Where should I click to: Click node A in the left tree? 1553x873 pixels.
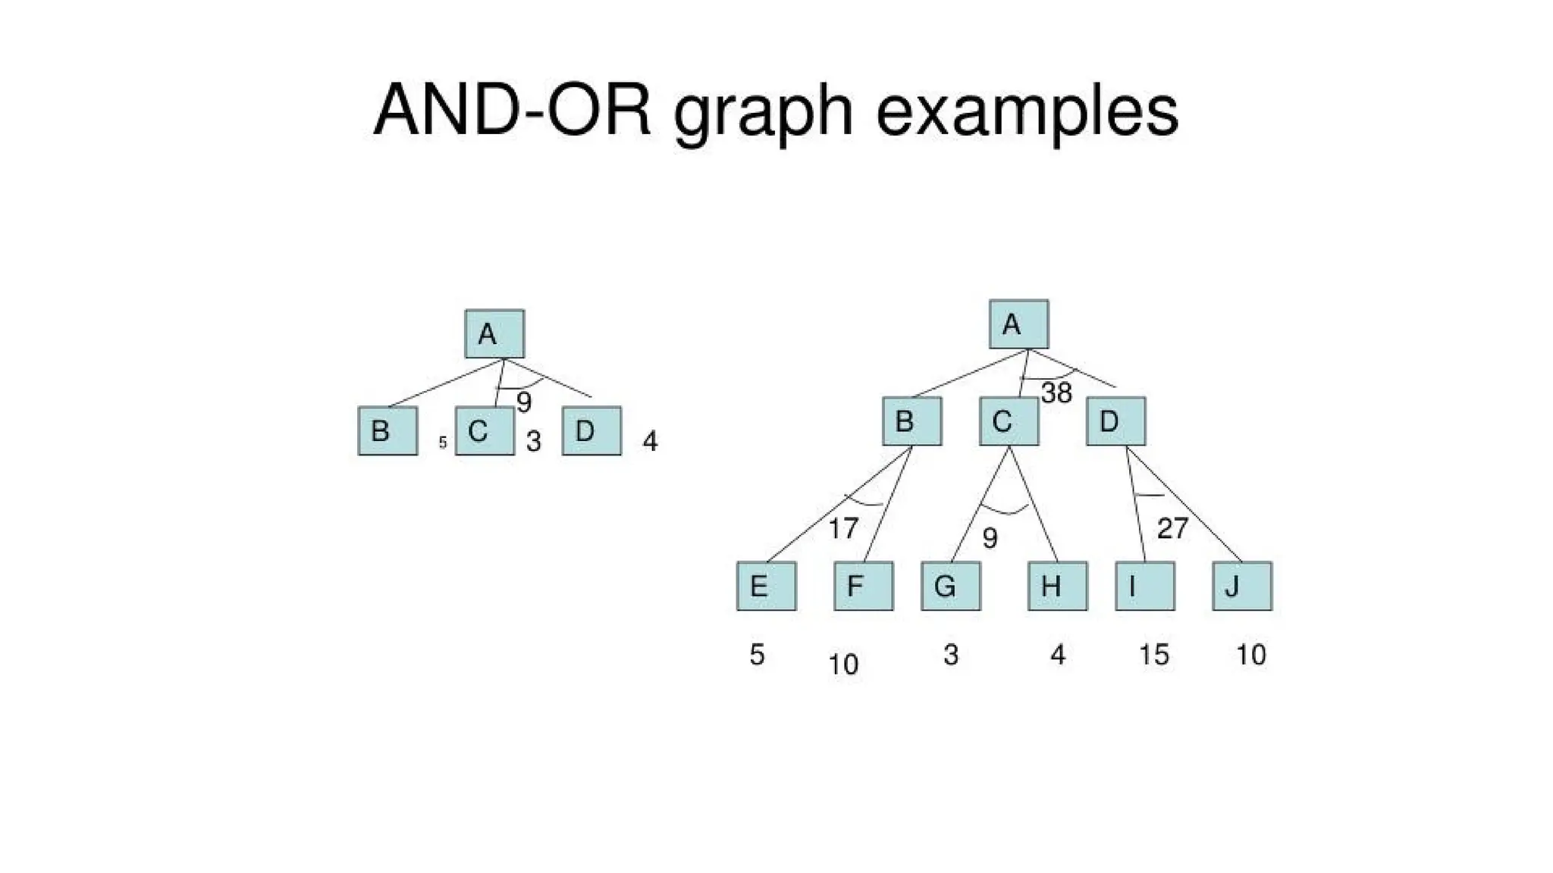(494, 333)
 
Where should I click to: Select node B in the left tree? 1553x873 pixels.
(387, 430)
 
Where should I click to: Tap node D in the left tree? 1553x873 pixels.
(591, 430)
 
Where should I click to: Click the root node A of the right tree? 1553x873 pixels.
(1019, 324)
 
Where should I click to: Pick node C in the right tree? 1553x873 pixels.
(1009, 421)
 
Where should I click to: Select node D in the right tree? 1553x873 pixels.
(1116, 421)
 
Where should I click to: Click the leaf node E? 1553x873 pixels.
(767, 586)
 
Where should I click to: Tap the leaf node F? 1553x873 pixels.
(864, 586)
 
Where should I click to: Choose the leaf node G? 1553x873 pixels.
(951, 586)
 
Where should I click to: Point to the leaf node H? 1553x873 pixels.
(1058, 586)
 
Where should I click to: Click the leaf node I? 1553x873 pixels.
(1145, 586)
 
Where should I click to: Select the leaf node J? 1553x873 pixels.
(1242, 586)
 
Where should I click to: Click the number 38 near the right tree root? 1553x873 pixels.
(1056, 393)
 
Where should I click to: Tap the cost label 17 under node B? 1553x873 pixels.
(843, 528)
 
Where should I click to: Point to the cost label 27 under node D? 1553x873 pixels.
(1172, 528)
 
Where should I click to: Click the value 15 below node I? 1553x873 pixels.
(1154, 654)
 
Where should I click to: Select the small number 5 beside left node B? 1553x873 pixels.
(443, 443)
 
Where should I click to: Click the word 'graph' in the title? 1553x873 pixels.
(763, 114)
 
